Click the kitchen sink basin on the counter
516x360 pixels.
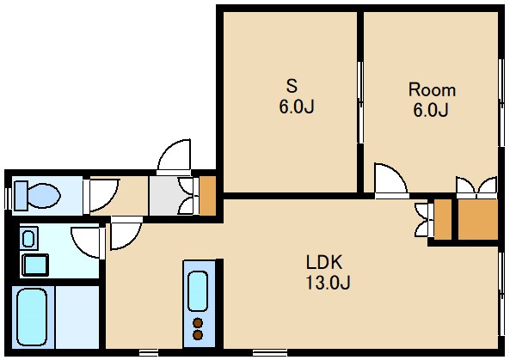coord(197,292)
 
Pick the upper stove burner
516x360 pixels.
coord(197,324)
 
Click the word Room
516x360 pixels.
coord(431,89)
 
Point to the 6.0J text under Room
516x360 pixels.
coord(431,110)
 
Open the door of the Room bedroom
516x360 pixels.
coord(389,180)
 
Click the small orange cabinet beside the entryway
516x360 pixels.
coord(206,195)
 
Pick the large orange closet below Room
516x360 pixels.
coord(476,219)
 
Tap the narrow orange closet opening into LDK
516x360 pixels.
coord(442,219)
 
